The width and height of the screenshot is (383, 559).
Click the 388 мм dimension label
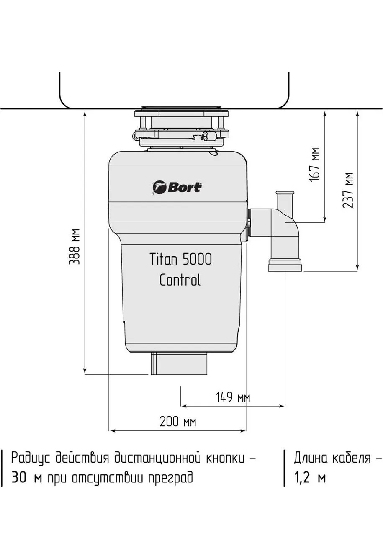click(x=75, y=246)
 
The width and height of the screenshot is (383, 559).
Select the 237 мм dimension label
click(x=348, y=191)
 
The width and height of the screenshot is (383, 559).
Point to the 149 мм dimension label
click(x=233, y=397)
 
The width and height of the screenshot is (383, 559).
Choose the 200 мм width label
click(x=177, y=422)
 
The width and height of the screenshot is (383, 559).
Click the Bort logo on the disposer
click(x=177, y=188)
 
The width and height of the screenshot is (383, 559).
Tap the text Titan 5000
click(x=180, y=259)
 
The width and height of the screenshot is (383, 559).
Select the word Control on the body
click(x=180, y=280)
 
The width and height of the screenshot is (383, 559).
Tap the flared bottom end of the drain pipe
click(x=285, y=265)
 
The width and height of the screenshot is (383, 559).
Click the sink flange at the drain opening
click(x=181, y=108)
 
